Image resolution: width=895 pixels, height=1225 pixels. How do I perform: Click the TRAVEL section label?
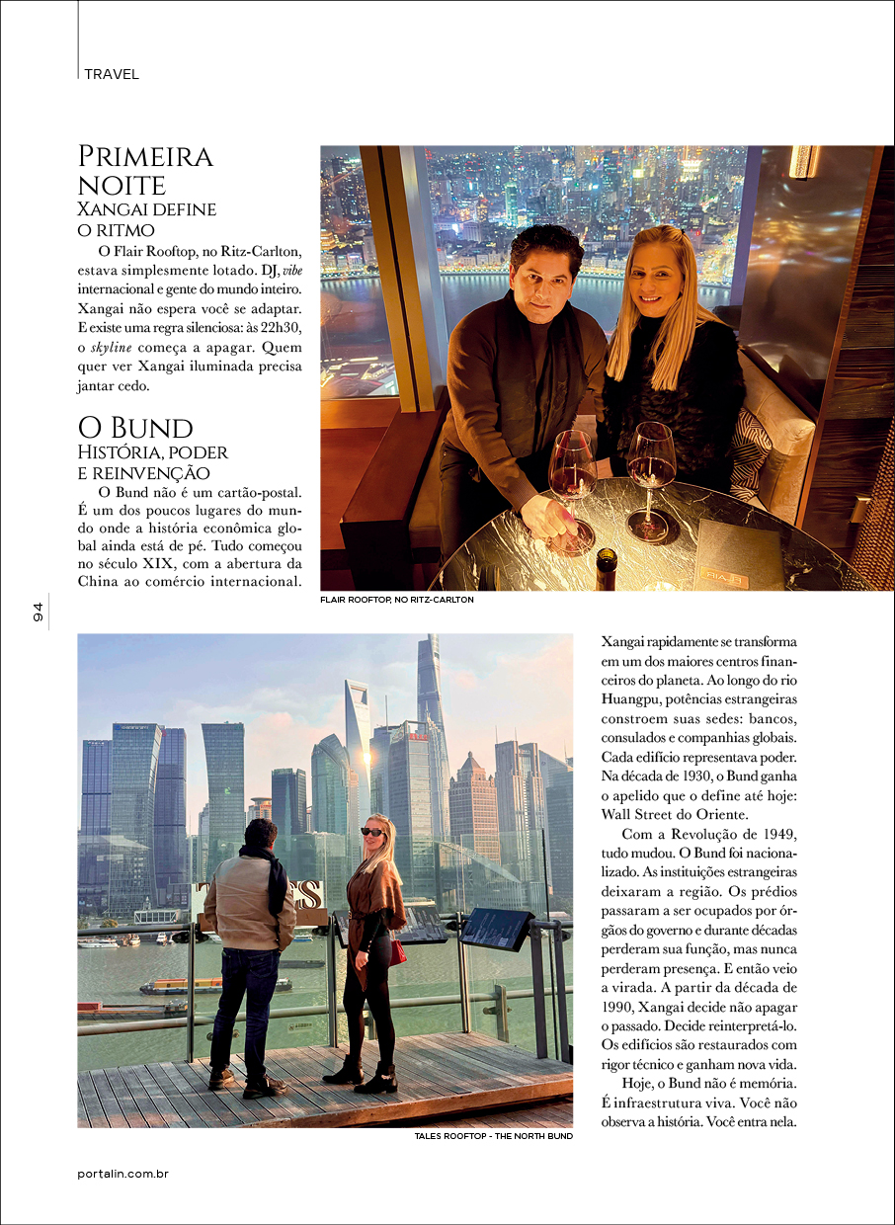point(112,74)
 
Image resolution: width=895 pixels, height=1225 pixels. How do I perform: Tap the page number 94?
point(39,612)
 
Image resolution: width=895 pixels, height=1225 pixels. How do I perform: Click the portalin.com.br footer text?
point(123,1174)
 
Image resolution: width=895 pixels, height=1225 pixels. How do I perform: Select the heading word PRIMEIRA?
point(145,156)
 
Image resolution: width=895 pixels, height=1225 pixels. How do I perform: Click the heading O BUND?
point(135,428)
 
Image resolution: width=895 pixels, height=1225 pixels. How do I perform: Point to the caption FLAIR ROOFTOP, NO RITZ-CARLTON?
point(389,600)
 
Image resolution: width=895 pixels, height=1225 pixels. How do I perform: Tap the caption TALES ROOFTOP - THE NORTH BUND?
point(493,1136)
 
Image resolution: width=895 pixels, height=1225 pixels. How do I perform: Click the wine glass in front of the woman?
point(651,474)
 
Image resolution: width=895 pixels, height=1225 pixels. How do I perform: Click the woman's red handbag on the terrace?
point(397,952)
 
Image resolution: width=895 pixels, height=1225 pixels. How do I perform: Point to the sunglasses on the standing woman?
point(373,832)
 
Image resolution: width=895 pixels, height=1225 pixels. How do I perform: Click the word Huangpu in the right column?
point(634,699)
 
